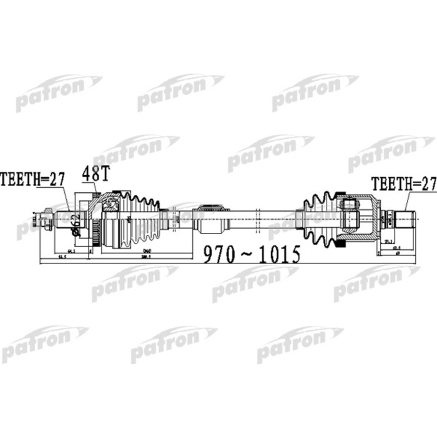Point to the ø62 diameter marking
pos(76,223)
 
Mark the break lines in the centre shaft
pos(256,217)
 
